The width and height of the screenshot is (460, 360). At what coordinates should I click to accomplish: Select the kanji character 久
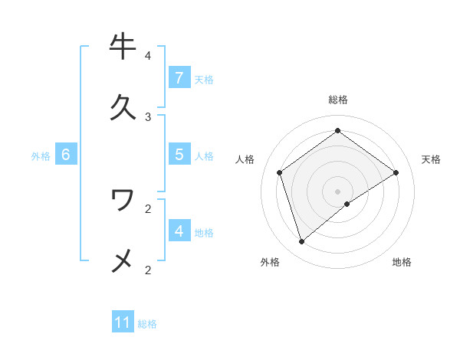123,107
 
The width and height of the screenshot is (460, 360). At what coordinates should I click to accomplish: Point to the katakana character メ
123,260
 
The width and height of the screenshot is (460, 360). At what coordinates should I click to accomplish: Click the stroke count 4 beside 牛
148,56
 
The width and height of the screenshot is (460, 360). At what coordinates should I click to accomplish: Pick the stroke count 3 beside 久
148,117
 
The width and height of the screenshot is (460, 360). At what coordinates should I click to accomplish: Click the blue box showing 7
179,77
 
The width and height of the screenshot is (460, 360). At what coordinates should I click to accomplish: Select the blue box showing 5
179,154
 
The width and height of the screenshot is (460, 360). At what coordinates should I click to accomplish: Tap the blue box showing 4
179,231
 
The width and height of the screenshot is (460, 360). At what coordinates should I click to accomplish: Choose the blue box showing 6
66,155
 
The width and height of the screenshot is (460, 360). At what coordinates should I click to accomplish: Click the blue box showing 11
123,322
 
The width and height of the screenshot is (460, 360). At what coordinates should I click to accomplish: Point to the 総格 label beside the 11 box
147,324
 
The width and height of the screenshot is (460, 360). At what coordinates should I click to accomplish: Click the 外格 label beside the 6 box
41,156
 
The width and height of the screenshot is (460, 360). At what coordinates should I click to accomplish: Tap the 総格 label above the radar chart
338,100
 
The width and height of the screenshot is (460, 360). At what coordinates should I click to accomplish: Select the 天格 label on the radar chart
432,159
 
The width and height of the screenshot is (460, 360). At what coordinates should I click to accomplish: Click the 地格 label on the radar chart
402,262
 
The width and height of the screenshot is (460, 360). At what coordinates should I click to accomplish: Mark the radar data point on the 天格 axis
396,172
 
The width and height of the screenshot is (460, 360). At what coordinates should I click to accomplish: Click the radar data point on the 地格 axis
347,204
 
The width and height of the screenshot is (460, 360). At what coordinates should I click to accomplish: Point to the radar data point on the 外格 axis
302,242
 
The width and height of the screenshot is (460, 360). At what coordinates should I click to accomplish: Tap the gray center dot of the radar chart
338,191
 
